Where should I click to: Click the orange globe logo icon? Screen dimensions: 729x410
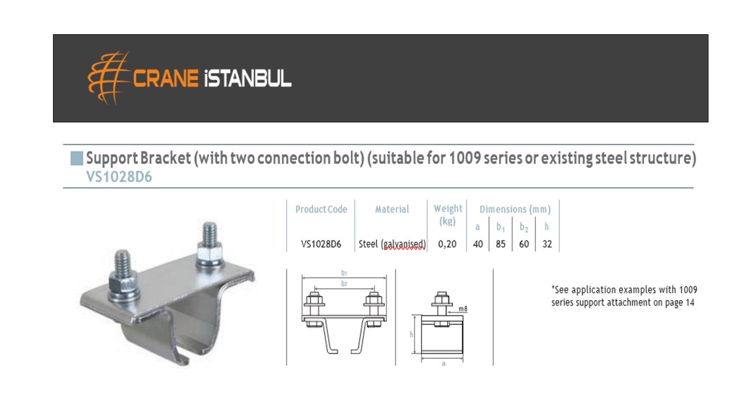point(108,78)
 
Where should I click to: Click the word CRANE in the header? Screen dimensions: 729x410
point(166,79)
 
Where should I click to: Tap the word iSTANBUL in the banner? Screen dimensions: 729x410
point(248,79)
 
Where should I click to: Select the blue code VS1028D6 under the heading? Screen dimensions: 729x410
point(119,177)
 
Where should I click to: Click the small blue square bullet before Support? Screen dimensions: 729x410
point(77,158)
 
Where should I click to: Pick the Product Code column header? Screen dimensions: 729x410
point(321,209)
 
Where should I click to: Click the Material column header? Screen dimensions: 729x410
point(392,209)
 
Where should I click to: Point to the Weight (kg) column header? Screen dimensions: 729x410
point(448,215)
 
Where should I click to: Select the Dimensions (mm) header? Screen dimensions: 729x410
point(515,209)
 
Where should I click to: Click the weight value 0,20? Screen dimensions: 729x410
point(447,244)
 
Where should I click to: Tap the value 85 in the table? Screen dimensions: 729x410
point(501,244)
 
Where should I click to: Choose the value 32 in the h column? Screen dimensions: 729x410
point(547,244)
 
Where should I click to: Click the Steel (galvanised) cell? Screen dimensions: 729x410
point(392,244)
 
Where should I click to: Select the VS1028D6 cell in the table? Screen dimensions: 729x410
point(321,244)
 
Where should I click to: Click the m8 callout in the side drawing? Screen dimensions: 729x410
point(463,309)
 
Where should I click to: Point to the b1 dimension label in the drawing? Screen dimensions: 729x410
point(344,273)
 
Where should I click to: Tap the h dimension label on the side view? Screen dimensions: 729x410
point(411,334)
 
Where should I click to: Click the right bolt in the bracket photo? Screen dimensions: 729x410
point(210,244)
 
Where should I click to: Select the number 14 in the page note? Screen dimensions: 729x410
point(690,302)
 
